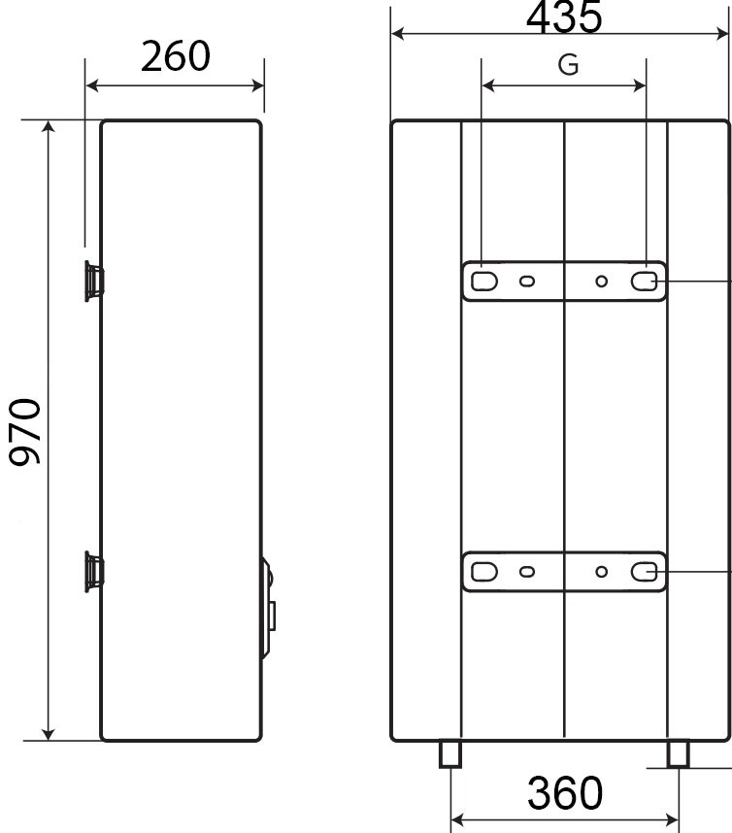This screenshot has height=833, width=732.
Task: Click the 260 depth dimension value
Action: (x=176, y=56)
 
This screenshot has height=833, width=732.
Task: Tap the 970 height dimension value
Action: (x=24, y=431)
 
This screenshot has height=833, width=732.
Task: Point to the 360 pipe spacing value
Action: (x=565, y=792)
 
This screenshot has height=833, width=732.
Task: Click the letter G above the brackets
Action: (x=568, y=65)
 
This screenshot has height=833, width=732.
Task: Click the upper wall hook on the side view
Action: (x=94, y=281)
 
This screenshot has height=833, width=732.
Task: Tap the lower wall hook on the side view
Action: (x=94, y=572)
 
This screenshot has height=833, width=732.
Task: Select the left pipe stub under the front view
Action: (x=450, y=754)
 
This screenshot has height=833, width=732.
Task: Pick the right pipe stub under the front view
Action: (x=679, y=754)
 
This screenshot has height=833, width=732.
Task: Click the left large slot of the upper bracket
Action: (x=483, y=281)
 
